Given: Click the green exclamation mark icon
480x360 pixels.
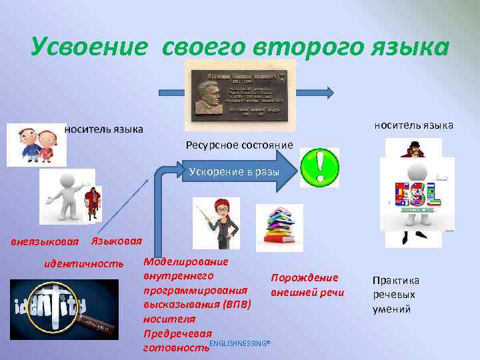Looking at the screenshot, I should click(x=319, y=167).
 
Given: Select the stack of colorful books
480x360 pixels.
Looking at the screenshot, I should click(x=279, y=227).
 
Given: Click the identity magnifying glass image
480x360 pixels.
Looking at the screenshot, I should click(x=63, y=308).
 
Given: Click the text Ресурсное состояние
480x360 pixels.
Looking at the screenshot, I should click(x=239, y=145).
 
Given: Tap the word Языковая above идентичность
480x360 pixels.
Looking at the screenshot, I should click(x=116, y=240).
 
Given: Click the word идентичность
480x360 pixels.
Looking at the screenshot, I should click(x=83, y=263).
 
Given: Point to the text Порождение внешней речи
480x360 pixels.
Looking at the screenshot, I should click(x=307, y=285).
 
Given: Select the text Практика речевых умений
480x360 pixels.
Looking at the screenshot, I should click(x=395, y=295).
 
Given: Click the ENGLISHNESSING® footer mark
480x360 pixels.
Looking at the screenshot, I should click(x=239, y=343).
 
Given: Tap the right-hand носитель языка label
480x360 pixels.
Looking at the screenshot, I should click(x=413, y=125).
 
